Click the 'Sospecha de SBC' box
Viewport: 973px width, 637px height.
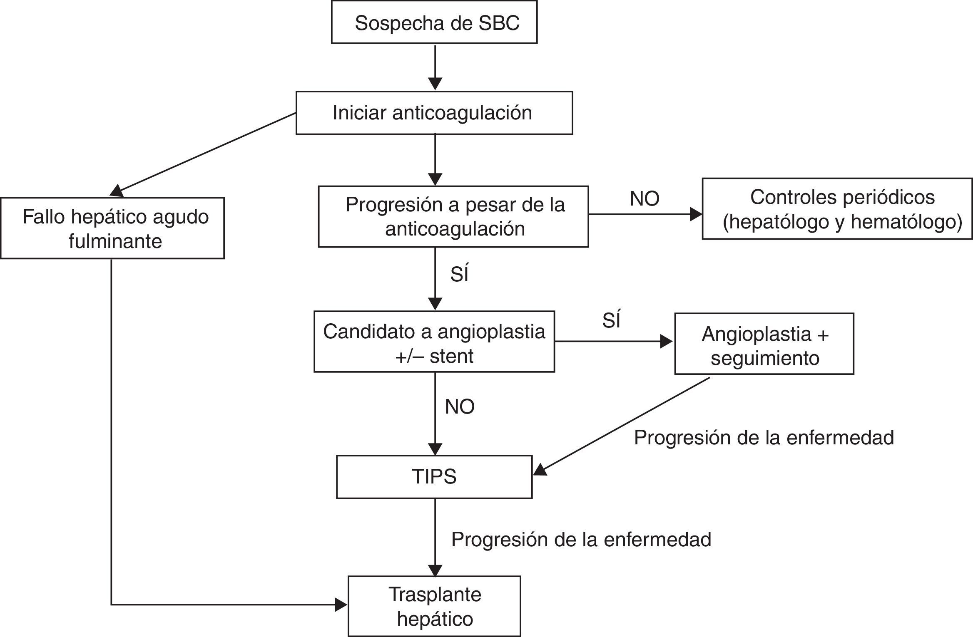pos(434,22)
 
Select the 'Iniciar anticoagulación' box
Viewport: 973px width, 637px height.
pos(434,113)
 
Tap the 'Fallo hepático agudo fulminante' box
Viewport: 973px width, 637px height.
pos(112,228)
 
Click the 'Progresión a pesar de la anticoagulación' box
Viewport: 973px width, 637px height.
pos(453,216)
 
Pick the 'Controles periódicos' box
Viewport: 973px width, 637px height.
pos(837,209)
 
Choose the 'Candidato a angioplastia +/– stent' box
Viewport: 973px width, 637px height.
pos(434,342)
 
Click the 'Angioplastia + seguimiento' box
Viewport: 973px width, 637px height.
pos(764,344)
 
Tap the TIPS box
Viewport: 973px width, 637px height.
pos(434,477)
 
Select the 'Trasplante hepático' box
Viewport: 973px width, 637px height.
pos(434,606)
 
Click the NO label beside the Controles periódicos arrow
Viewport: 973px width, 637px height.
pos(645,199)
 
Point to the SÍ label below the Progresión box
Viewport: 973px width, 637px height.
pos(459,275)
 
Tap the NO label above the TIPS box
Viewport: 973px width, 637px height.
pos(460,406)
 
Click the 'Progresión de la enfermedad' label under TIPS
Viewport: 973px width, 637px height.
pos(581,540)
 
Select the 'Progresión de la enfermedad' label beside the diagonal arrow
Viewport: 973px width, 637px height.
pos(764,438)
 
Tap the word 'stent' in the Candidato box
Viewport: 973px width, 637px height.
pos(451,356)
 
